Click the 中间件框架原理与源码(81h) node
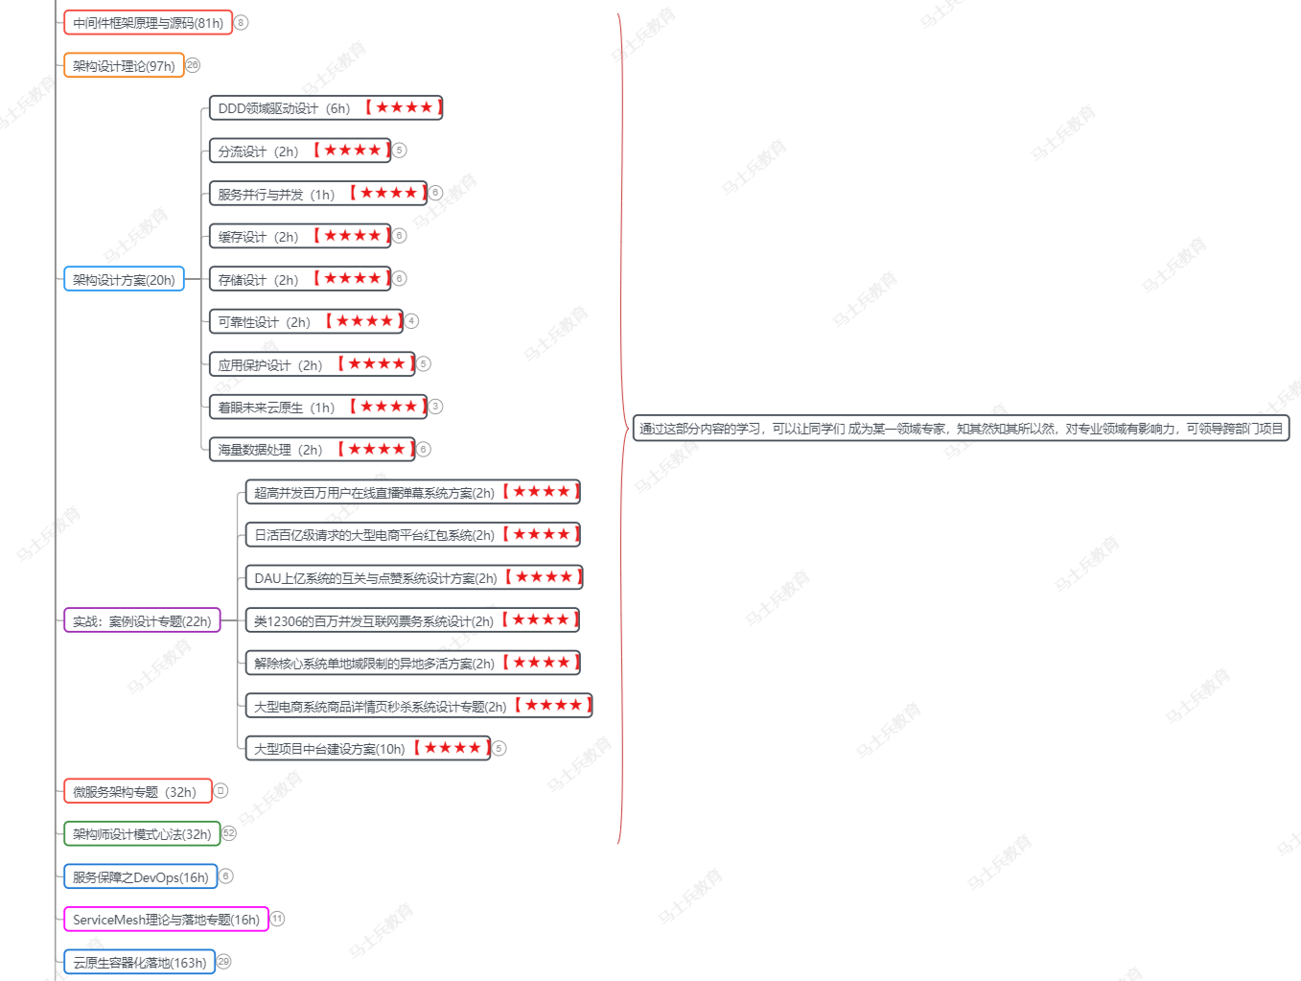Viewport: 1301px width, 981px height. coord(148,22)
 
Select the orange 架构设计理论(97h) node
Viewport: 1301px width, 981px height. coord(124,65)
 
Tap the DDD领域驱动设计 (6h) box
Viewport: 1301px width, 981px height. coord(325,107)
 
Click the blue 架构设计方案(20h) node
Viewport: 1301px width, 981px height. coord(124,279)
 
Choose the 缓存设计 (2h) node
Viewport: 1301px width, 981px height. coord(299,236)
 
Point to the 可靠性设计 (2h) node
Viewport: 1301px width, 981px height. coord(306,321)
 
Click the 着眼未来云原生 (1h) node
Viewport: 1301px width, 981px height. coord(317,407)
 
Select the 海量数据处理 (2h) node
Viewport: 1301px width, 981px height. coord(312,449)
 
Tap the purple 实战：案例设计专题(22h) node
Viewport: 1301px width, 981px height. coord(142,620)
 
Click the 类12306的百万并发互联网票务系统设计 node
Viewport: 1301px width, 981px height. coord(412,620)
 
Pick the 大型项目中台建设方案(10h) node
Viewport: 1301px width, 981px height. coord(367,748)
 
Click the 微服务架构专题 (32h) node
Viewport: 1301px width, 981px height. coord(137,791)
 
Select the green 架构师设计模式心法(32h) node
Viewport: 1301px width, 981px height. coord(142,833)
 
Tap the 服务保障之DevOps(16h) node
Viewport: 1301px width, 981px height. coord(140,876)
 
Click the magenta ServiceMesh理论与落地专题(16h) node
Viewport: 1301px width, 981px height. coord(166,919)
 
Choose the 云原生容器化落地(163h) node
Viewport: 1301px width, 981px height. coord(139,962)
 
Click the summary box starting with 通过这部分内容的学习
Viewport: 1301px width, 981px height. coord(961,429)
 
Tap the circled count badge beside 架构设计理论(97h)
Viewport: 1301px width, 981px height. coord(193,65)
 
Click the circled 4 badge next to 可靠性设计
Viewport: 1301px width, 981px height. coord(411,321)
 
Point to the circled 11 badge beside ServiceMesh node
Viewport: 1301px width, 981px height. coord(277,919)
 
